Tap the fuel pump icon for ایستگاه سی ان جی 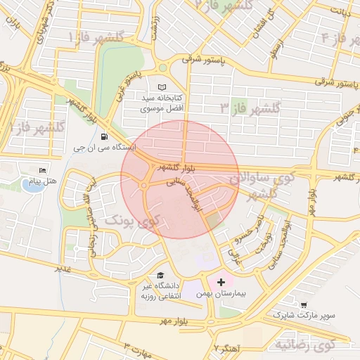coord(105,136)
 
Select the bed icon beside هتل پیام coord(43,171)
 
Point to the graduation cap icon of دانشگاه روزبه coord(160,276)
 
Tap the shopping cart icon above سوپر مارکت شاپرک coord(303,304)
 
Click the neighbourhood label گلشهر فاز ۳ coord(250,108)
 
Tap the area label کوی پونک coord(137,221)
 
